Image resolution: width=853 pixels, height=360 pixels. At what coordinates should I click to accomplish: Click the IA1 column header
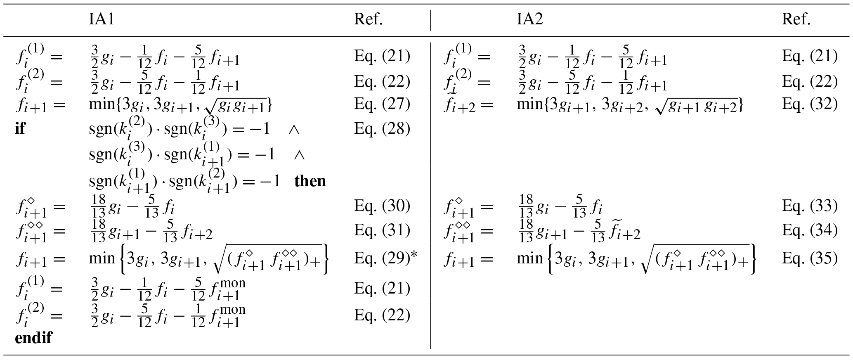[x=101, y=19]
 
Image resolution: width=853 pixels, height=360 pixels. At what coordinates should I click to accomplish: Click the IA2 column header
[x=530, y=19]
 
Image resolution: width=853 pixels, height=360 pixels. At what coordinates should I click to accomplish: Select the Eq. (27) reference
[x=382, y=103]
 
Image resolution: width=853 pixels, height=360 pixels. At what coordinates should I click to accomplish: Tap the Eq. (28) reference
[x=382, y=129]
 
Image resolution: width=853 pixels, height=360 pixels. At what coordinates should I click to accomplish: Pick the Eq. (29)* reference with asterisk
[x=386, y=258]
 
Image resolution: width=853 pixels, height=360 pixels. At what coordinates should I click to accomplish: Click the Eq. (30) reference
[x=382, y=206]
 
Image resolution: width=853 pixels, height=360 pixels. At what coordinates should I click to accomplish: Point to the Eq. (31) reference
[x=382, y=231]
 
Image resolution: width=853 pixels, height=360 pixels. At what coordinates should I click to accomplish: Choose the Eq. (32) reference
[x=810, y=103]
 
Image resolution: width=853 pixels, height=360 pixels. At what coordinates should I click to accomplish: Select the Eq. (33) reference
[x=810, y=206]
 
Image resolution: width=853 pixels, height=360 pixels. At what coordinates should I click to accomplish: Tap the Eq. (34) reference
[x=810, y=231]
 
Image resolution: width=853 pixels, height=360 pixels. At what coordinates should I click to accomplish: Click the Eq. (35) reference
[x=810, y=258]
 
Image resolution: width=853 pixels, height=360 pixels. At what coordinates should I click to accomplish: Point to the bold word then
[x=310, y=181]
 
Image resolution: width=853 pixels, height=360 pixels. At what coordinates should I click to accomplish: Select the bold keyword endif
[x=33, y=337]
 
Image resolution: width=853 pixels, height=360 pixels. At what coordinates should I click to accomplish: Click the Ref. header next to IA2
[x=796, y=19]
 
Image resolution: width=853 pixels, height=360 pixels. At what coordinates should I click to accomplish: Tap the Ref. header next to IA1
[x=368, y=19]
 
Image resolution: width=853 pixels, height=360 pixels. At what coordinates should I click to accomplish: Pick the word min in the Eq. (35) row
[x=530, y=258]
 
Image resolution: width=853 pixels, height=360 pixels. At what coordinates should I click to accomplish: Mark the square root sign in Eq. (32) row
[x=658, y=107]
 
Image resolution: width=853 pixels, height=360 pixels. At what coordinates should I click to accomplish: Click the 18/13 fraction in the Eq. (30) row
[x=98, y=206]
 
